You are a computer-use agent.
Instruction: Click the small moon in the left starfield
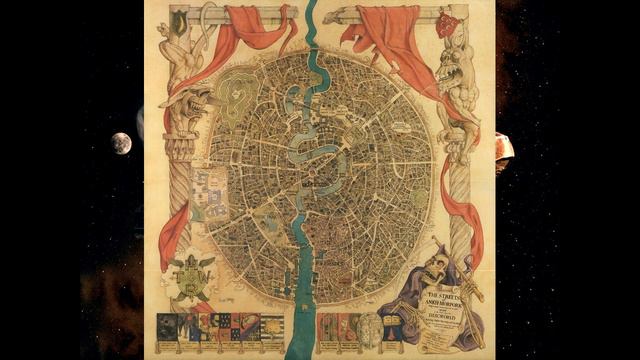(121, 143)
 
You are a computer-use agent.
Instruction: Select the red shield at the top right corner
(446, 24)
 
